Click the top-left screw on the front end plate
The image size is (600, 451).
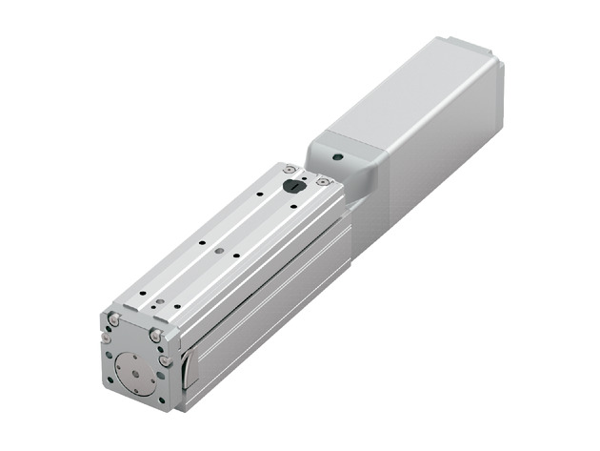[x=114, y=321]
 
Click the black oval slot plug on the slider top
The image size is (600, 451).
[x=294, y=188]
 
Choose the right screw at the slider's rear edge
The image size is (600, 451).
[x=324, y=181]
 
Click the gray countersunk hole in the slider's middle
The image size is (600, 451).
[x=220, y=251]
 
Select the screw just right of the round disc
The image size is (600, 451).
[x=166, y=360]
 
